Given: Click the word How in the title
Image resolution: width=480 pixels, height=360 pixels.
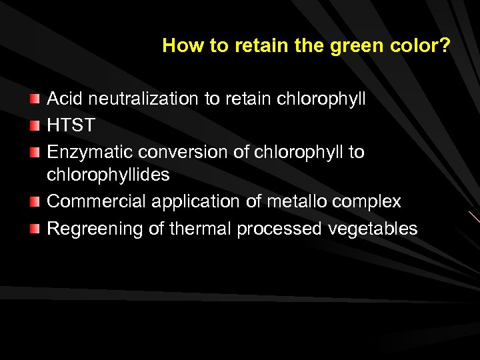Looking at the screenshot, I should [x=178, y=46].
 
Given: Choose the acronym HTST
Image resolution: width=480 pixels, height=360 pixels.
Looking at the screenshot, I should [x=71, y=125].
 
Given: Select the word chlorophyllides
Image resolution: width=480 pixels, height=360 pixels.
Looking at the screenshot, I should [x=109, y=175].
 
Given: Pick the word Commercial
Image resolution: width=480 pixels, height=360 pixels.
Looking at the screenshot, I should [x=97, y=201].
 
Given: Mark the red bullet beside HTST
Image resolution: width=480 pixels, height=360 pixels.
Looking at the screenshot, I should [x=35, y=126].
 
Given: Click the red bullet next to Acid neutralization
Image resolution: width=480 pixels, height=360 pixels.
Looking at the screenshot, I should [x=35, y=100].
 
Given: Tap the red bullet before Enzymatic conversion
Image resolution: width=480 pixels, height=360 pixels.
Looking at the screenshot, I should [x=35, y=152].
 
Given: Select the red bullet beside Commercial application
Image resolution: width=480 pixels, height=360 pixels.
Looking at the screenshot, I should [x=35, y=202].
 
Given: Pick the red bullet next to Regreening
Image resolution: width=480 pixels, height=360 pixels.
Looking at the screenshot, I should [x=35, y=229].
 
